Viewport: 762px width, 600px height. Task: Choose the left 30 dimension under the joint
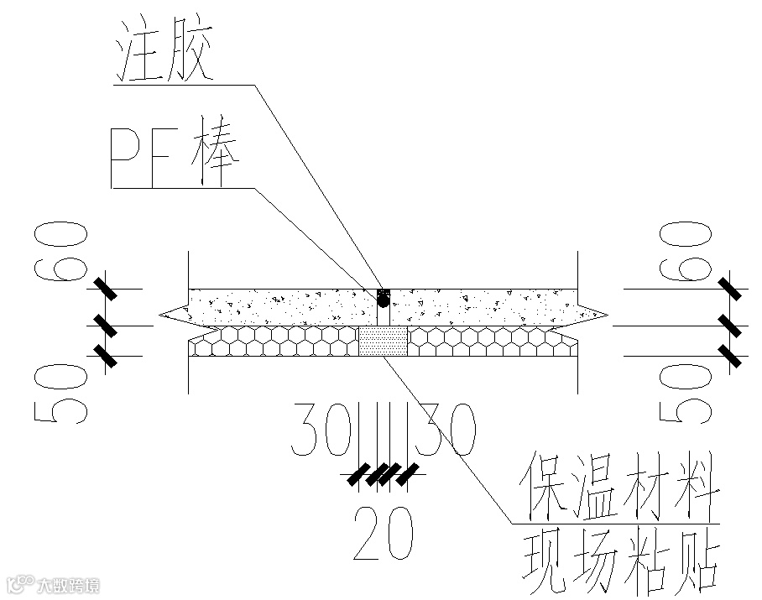[322, 429]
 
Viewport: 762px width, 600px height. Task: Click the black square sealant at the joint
[383, 295]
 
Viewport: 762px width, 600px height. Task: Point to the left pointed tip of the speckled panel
[162, 316]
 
